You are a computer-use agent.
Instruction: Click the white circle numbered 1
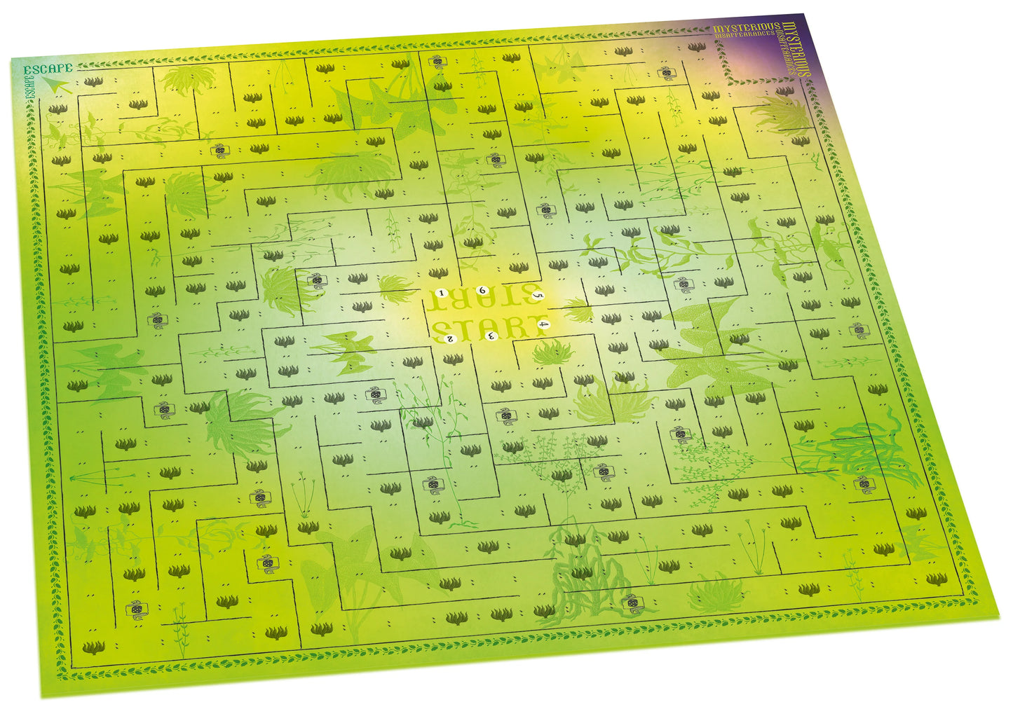(441, 292)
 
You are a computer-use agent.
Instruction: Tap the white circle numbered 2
(450, 340)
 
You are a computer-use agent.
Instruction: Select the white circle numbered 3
(491, 336)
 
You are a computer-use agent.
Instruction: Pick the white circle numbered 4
(543, 324)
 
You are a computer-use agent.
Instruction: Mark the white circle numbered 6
(482, 289)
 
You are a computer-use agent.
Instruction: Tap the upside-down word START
(484, 300)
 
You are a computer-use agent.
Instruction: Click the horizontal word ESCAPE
(48, 69)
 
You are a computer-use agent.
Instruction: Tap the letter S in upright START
(441, 333)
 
